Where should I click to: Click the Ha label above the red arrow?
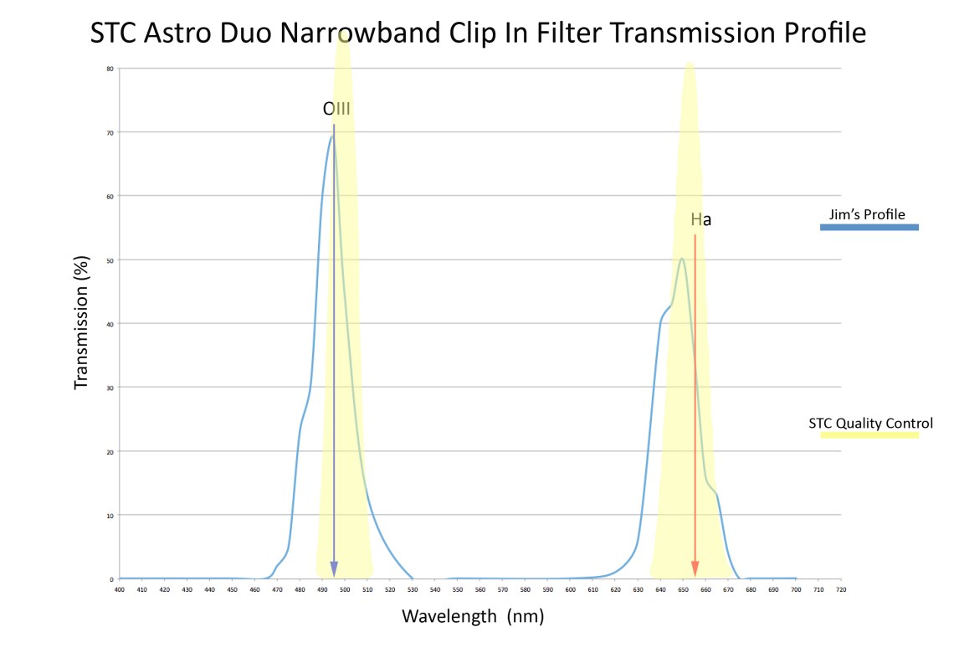click(x=700, y=220)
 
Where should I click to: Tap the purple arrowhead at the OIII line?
click(x=334, y=569)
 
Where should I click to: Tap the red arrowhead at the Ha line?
click(x=695, y=569)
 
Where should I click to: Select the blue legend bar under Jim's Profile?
click(x=869, y=227)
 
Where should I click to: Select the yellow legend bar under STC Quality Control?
click(x=869, y=435)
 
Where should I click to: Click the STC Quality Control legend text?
click(x=870, y=423)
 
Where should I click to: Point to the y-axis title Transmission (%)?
click(x=81, y=321)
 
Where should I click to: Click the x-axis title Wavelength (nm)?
click(x=474, y=617)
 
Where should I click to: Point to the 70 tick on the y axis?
click(x=110, y=132)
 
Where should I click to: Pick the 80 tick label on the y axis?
click(x=110, y=69)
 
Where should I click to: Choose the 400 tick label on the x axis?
click(x=120, y=589)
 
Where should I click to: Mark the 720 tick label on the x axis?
click(x=840, y=589)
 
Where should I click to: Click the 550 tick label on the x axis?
click(x=458, y=589)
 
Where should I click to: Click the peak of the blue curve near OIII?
click(x=331, y=136)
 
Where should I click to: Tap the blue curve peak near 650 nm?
click(x=682, y=259)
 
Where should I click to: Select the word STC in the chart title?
click(x=115, y=33)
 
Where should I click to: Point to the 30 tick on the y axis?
click(x=110, y=388)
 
